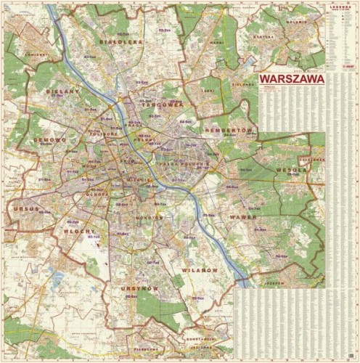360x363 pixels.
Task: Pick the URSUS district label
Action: click(25, 208)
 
